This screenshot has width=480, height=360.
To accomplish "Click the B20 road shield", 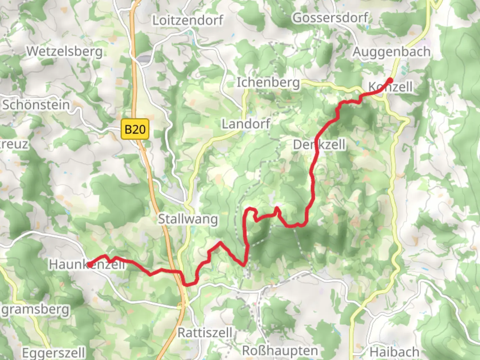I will tap(135, 129).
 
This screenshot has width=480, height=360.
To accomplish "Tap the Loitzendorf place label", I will tap(188, 20).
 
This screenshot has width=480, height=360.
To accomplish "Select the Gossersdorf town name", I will tap(330, 18).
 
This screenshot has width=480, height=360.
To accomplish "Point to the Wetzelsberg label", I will tap(65, 51).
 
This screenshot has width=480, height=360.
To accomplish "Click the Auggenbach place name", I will tap(391, 52).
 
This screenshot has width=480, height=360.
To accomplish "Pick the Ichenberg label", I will tap(268, 82).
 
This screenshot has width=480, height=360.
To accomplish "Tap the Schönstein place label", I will tap(36, 105).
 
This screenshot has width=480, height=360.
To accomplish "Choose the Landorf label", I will tap(246, 124).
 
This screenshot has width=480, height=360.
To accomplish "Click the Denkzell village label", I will tap(319, 145).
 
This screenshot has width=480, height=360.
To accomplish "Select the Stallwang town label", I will tap(188, 219).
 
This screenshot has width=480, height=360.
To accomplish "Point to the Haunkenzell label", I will tap(87, 264).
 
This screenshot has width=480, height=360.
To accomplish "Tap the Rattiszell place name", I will tap(205, 332).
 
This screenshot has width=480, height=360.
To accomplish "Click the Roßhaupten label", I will tap(280, 350).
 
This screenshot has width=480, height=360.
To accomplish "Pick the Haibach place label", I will tap(394, 352).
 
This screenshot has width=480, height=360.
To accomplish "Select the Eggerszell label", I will tap(53, 352).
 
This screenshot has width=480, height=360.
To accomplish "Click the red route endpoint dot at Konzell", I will tap(390, 80).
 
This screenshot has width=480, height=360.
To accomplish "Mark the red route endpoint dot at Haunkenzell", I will tap(89, 265).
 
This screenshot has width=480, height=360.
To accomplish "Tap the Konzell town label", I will tap(390, 87).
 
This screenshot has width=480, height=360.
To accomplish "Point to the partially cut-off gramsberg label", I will tap(35, 310).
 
